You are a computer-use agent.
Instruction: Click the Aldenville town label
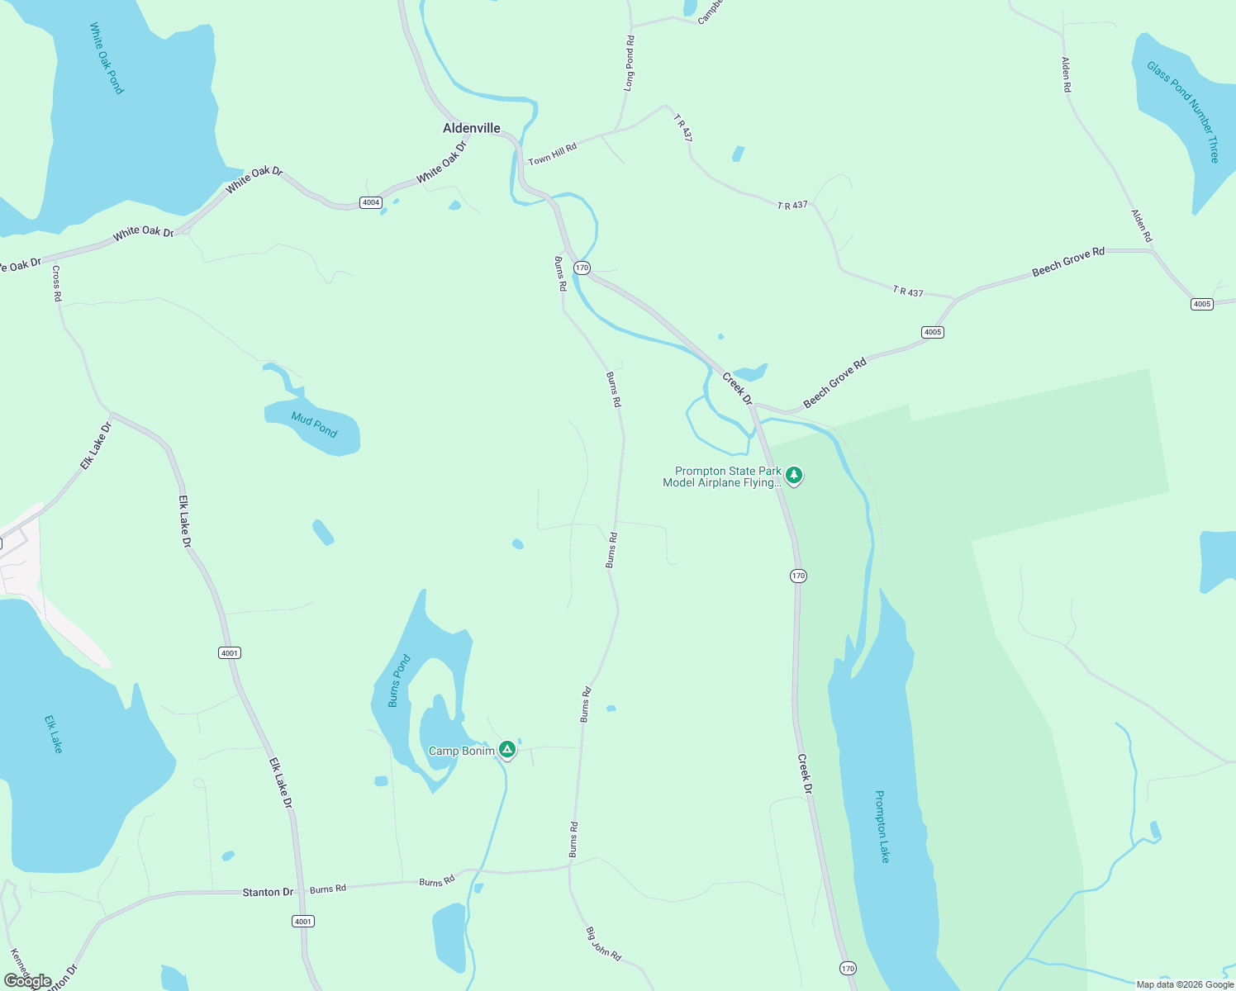(472, 128)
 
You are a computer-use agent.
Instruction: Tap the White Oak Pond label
(107, 59)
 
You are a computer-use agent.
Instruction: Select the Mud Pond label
(314, 424)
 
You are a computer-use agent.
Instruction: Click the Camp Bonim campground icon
(507, 749)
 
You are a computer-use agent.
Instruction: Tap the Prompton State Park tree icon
(794, 475)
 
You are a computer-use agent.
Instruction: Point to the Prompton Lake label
(882, 827)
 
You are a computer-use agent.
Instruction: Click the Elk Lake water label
(54, 734)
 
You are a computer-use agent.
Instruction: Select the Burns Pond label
(399, 681)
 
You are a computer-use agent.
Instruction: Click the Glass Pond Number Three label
(1182, 111)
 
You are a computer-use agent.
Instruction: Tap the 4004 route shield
(371, 202)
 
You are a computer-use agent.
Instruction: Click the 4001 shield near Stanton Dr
(303, 921)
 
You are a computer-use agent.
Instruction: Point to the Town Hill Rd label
(552, 154)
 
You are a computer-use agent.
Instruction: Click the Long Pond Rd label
(630, 63)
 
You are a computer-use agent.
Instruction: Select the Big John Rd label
(603, 943)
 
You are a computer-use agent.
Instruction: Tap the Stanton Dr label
(268, 892)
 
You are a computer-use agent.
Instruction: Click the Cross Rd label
(57, 283)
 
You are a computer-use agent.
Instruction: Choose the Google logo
(28, 981)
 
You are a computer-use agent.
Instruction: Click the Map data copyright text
(1184, 984)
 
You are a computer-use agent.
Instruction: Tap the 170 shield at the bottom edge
(848, 968)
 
